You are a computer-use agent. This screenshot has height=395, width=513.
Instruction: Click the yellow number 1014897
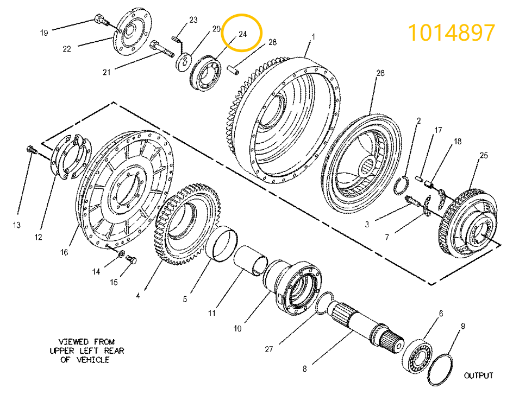pos(451,33)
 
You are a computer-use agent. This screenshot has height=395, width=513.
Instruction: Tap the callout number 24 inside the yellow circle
pos(242,34)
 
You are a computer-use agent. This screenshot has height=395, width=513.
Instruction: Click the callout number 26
pos(379,73)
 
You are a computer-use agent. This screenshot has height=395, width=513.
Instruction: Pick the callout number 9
pos(462,326)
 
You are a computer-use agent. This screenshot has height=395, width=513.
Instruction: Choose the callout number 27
pos(268,350)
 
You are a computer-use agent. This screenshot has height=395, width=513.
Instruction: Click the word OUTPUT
pos(478,375)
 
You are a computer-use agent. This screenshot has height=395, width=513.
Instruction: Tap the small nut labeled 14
pos(121,253)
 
